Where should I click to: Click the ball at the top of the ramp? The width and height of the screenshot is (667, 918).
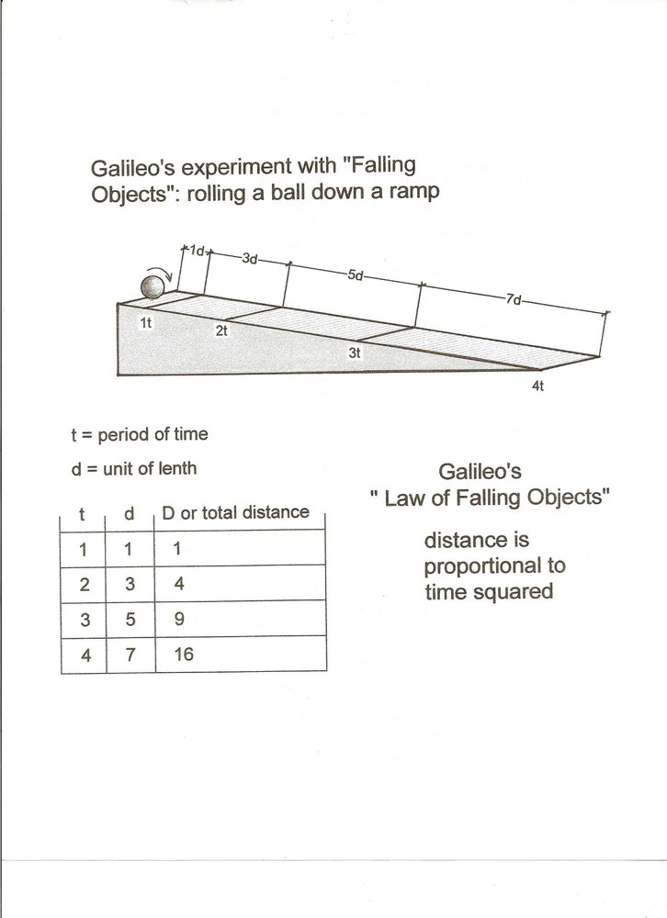pyautogui.click(x=152, y=288)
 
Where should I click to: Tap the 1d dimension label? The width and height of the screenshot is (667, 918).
pyautogui.click(x=196, y=250)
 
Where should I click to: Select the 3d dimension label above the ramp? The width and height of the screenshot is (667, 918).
pyautogui.click(x=249, y=259)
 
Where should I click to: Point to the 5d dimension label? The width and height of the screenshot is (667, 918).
pyautogui.click(x=356, y=274)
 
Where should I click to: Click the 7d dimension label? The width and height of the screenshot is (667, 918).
pyautogui.click(x=514, y=299)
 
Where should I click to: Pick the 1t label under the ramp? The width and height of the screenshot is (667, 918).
pyautogui.click(x=146, y=322)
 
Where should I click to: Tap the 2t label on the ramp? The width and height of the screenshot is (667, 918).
pyautogui.click(x=221, y=330)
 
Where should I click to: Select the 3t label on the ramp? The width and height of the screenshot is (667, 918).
pyautogui.click(x=355, y=353)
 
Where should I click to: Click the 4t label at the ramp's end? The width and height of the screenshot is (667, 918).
pyautogui.click(x=537, y=386)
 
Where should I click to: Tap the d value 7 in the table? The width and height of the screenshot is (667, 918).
pyautogui.click(x=130, y=655)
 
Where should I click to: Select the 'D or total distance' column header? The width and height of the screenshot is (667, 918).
pyautogui.click(x=235, y=512)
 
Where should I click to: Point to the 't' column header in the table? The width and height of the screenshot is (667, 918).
pyautogui.click(x=83, y=514)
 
